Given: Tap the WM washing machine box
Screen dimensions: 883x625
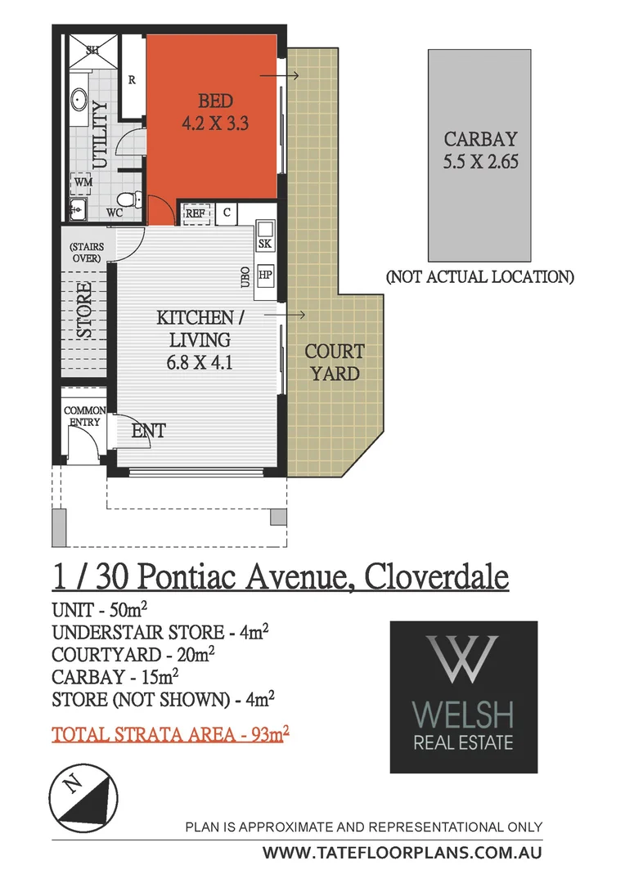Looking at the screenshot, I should [x=83, y=182].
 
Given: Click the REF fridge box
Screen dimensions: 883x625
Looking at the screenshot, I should [x=195, y=213].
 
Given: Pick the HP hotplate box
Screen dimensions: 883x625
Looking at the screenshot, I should [x=264, y=275].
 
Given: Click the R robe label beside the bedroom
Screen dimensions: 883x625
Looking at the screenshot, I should [x=132, y=79].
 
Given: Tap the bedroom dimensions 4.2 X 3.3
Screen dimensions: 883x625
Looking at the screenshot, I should [x=215, y=125].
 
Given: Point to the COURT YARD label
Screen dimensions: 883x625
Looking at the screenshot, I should [x=334, y=362].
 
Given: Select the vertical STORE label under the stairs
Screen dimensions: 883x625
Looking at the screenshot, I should [x=84, y=311].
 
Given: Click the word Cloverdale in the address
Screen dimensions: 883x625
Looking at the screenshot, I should [x=437, y=577].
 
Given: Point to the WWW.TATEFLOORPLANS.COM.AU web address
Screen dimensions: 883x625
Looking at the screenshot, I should [x=402, y=852].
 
